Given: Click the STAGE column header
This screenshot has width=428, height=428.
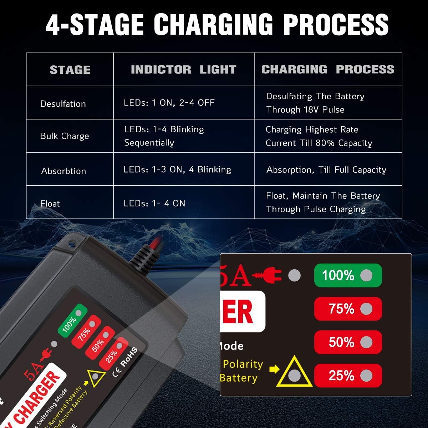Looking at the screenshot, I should click(x=70, y=70).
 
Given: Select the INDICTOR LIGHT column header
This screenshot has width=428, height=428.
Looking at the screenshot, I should click(x=183, y=70).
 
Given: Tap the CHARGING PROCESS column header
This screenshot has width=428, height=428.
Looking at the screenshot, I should click(x=328, y=69).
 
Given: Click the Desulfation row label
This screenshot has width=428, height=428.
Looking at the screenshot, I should click(x=63, y=104).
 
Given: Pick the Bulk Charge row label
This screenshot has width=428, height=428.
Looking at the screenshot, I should click(x=65, y=136).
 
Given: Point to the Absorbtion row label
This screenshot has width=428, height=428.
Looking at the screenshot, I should click(x=63, y=171).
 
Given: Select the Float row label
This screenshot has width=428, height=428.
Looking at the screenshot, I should click(x=50, y=204).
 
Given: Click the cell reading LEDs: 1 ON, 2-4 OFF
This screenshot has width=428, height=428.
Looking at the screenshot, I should click(x=169, y=103).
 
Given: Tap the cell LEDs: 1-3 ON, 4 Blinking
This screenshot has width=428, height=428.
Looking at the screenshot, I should click(x=177, y=169).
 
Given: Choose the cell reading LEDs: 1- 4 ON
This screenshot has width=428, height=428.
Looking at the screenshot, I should click(x=154, y=203).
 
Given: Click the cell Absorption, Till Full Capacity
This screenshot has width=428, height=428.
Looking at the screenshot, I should click(x=326, y=170).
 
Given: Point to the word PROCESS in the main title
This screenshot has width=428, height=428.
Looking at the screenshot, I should click(x=336, y=25).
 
